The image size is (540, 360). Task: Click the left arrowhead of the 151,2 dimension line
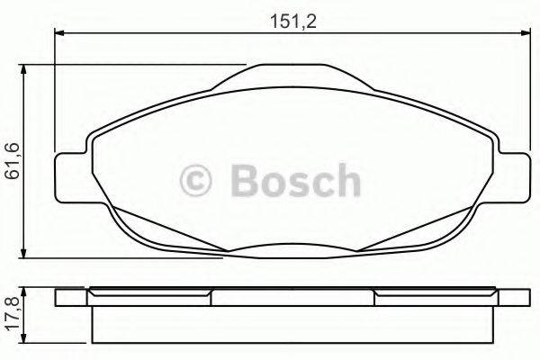(60, 34)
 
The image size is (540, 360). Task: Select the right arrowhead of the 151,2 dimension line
(524, 34)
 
